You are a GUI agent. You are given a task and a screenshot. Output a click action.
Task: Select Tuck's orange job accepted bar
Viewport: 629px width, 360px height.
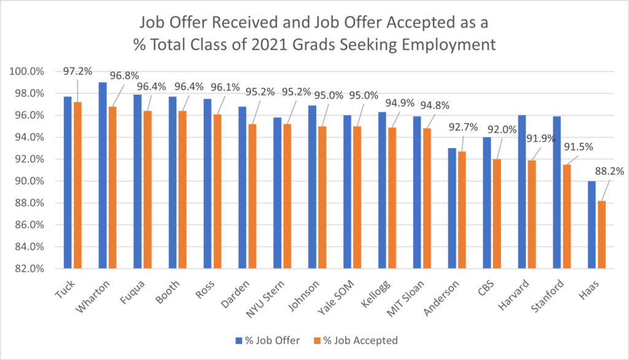77,185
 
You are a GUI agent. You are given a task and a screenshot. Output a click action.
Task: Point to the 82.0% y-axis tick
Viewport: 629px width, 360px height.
29,268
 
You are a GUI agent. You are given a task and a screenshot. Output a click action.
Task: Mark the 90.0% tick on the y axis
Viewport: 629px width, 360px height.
29,181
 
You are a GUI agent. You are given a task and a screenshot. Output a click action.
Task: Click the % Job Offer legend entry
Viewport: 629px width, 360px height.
265,340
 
